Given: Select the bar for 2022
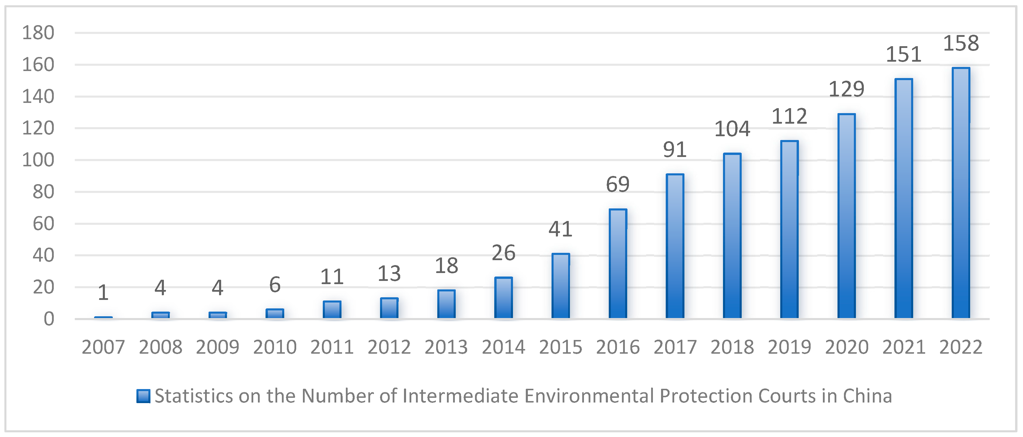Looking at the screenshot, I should coord(961,193).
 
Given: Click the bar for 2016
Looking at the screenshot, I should coord(618,263).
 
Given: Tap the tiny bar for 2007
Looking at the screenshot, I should coord(103,317).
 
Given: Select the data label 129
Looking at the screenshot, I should coord(846,89).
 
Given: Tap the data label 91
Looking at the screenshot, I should coord(675,150).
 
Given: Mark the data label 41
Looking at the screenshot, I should coord(560,229).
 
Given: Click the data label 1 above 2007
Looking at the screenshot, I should coord(103,293).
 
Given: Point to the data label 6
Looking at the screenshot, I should coord(275,285).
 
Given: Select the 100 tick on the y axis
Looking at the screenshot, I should coord(38,160).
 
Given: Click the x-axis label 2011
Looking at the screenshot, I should coord(332,347).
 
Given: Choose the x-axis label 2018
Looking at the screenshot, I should coord(732,347).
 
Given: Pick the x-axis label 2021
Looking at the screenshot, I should coord(904,347).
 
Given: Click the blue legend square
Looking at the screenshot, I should coord(143,396).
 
